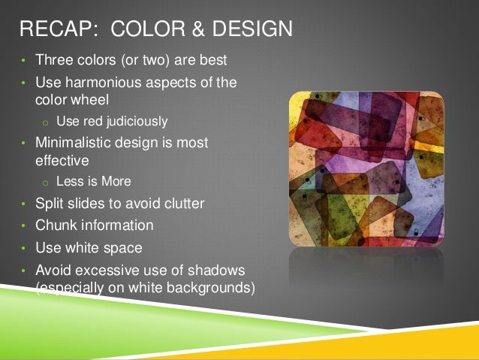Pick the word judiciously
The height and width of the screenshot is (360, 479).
(137, 120)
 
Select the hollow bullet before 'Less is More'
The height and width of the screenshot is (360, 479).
(45, 182)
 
